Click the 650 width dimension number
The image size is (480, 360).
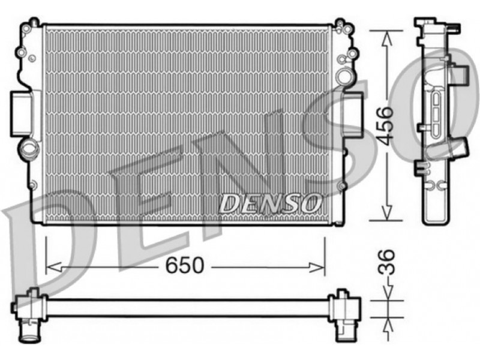click(x=184, y=265)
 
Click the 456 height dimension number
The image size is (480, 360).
click(x=385, y=125)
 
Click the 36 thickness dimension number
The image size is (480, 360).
click(x=386, y=262)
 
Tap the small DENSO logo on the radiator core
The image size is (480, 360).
click(x=271, y=203)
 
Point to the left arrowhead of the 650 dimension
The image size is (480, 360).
click(x=54, y=267)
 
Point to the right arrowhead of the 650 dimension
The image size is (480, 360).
click(x=316, y=267)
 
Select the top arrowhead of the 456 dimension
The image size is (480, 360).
click(x=387, y=39)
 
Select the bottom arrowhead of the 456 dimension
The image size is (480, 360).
click(x=387, y=212)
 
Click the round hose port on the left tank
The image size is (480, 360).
click(x=29, y=148)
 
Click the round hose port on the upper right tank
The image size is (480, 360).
click(x=344, y=74)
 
